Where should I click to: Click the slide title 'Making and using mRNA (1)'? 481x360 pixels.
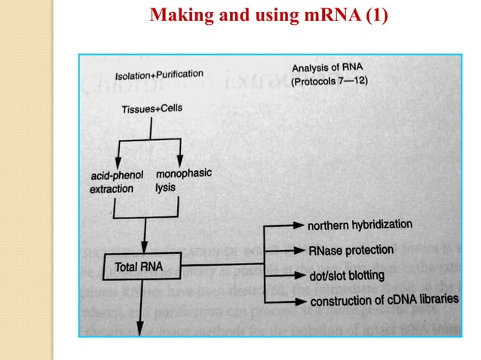269,14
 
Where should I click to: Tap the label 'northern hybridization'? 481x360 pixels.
360,224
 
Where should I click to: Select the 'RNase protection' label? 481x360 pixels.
351,249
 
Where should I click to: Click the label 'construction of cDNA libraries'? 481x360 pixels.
384,301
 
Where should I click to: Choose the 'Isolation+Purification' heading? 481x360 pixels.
158,75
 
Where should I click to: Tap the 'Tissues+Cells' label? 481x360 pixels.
152,109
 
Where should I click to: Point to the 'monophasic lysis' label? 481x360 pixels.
183,179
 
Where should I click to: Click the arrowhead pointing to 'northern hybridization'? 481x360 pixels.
299,224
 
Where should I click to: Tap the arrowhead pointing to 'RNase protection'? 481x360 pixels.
299,249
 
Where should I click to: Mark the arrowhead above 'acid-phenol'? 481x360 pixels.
118,162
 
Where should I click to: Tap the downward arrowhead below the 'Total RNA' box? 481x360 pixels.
139,328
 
